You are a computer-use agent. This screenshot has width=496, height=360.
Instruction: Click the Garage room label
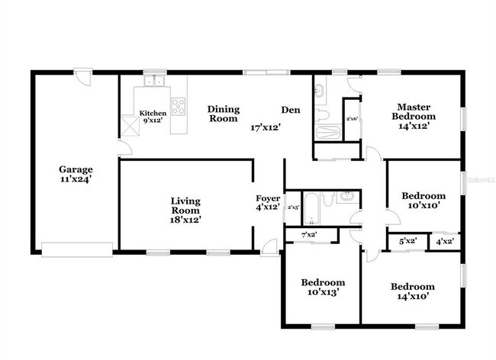click(76, 170)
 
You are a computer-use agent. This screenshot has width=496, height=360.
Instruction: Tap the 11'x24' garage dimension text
click(76, 180)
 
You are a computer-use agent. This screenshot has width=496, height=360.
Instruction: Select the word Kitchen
click(153, 112)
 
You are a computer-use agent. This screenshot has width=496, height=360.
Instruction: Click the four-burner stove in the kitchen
click(179, 105)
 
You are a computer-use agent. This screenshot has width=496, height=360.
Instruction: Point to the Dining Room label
click(224, 114)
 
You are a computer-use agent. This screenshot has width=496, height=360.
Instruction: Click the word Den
click(290, 110)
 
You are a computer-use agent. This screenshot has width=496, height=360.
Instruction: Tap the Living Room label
click(185, 206)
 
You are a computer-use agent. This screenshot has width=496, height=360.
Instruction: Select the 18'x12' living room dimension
click(185, 220)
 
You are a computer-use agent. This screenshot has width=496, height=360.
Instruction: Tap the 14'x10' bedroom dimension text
click(413, 297)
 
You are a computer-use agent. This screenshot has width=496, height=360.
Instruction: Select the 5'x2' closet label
click(408, 241)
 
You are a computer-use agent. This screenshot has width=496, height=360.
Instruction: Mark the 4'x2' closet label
click(444, 241)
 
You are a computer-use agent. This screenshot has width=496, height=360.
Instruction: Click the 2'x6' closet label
click(353, 119)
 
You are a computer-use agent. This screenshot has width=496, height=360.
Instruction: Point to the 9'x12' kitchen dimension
click(153, 120)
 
